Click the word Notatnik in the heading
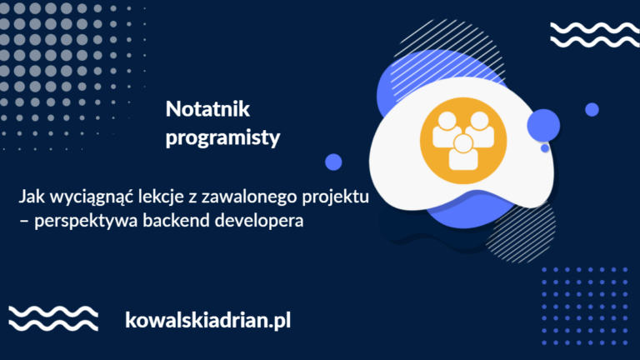tap(207, 109)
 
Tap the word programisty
tap(222, 138)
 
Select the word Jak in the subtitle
tap(32, 197)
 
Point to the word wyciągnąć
tap(91, 197)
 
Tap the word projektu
tap(336, 197)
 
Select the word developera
tap(259, 221)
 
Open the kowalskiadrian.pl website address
tap(207, 320)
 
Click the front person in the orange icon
tap(463, 152)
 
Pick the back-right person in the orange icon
tap(481, 129)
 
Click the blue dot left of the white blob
tap(333, 162)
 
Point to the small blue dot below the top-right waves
tap(592, 110)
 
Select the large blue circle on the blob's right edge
tap(543, 125)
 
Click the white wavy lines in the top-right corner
tap(595, 35)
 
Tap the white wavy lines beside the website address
tap(53, 318)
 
